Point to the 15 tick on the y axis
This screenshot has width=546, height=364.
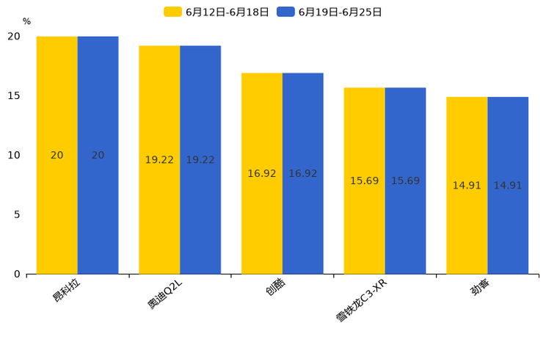pyautogui.click(x=14, y=95)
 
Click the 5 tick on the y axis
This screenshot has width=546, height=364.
pyautogui.click(x=17, y=214)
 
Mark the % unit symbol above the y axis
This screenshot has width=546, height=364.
pyautogui.click(x=26, y=21)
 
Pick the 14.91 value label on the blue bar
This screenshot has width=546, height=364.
pyautogui.click(x=508, y=186)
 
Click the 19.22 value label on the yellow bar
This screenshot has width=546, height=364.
pyautogui.click(x=159, y=160)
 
